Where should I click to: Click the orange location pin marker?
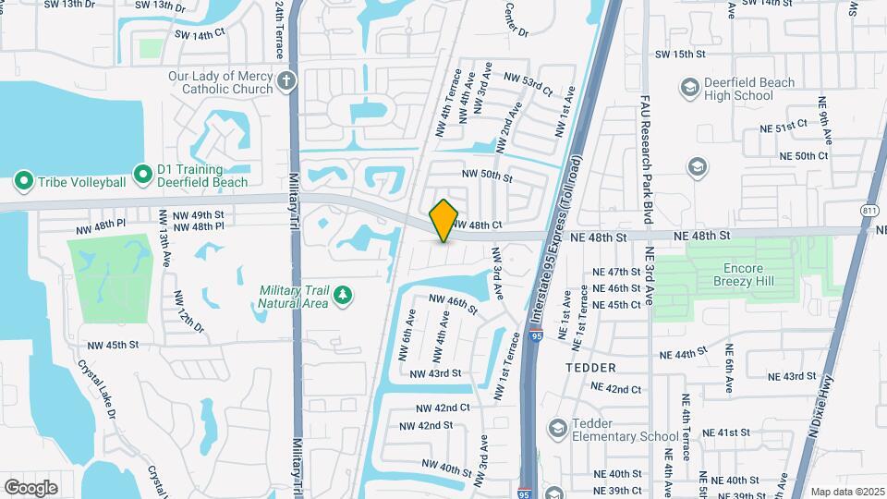tap(444, 221)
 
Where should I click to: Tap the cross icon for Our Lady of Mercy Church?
tap(287, 80)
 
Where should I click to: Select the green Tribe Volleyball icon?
tap(23, 181)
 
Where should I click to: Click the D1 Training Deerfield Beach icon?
tap(142, 174)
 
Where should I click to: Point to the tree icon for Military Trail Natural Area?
tap(344, 295)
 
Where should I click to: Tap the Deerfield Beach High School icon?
tap(689, 88)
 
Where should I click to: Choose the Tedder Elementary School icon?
tap(557, 428)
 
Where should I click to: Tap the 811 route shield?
tap(869, 211)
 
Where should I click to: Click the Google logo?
tap(30, 487)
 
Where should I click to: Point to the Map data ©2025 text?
tap(847, 492)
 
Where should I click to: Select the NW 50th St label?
tap(487, 176)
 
